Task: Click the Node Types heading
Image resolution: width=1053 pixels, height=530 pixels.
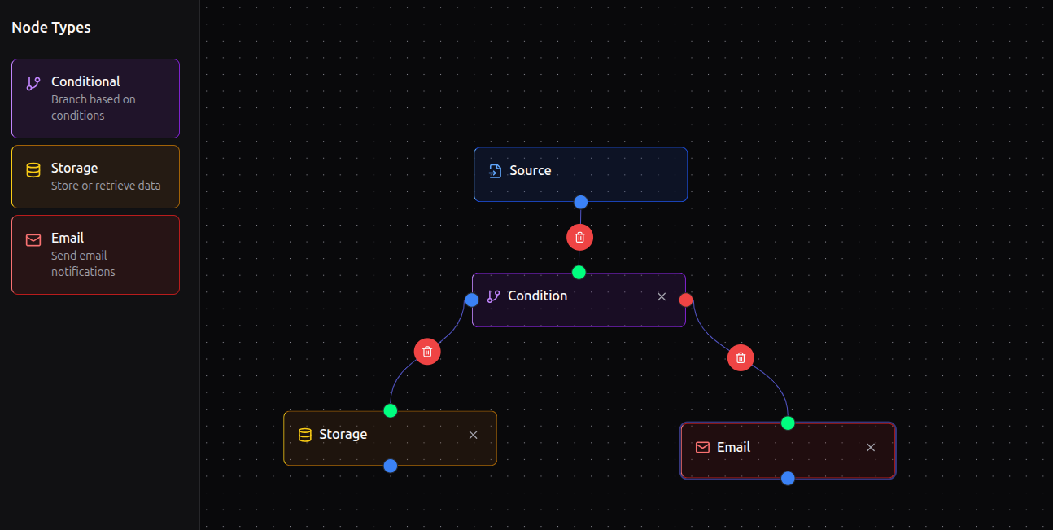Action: click(51, 28)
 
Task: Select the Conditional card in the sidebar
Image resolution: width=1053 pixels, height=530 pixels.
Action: click(95, 98)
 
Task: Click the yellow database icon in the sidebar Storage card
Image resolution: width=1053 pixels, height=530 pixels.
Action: click(33, 170)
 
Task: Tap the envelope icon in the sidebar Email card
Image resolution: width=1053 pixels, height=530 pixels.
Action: click(33, 240)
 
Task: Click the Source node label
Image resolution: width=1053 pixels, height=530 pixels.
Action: click(530, 171)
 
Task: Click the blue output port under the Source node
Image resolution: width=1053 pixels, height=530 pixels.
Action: click(580, 202)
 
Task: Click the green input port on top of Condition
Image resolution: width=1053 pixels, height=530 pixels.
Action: click(579, 272)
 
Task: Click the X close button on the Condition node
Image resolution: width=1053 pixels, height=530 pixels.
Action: click(662, 296)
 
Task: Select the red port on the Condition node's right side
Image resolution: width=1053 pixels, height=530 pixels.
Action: click(686, 300)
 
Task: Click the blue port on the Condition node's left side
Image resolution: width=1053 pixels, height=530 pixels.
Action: click(472, 300)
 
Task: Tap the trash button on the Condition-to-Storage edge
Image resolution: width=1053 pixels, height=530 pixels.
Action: click(427, 352)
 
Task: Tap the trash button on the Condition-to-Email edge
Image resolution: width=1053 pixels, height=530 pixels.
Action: click(741, 357)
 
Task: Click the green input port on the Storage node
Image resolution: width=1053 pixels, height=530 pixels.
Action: click(391, 410)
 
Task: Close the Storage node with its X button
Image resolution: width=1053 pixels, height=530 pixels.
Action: click(473, 435)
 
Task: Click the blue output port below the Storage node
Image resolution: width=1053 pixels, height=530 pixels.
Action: click(391, 466)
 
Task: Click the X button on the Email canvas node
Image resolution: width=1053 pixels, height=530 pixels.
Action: click(871, 448)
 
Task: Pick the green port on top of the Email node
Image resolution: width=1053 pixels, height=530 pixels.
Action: click(788, 423)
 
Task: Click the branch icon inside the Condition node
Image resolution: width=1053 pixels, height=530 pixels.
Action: click(493, 296)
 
